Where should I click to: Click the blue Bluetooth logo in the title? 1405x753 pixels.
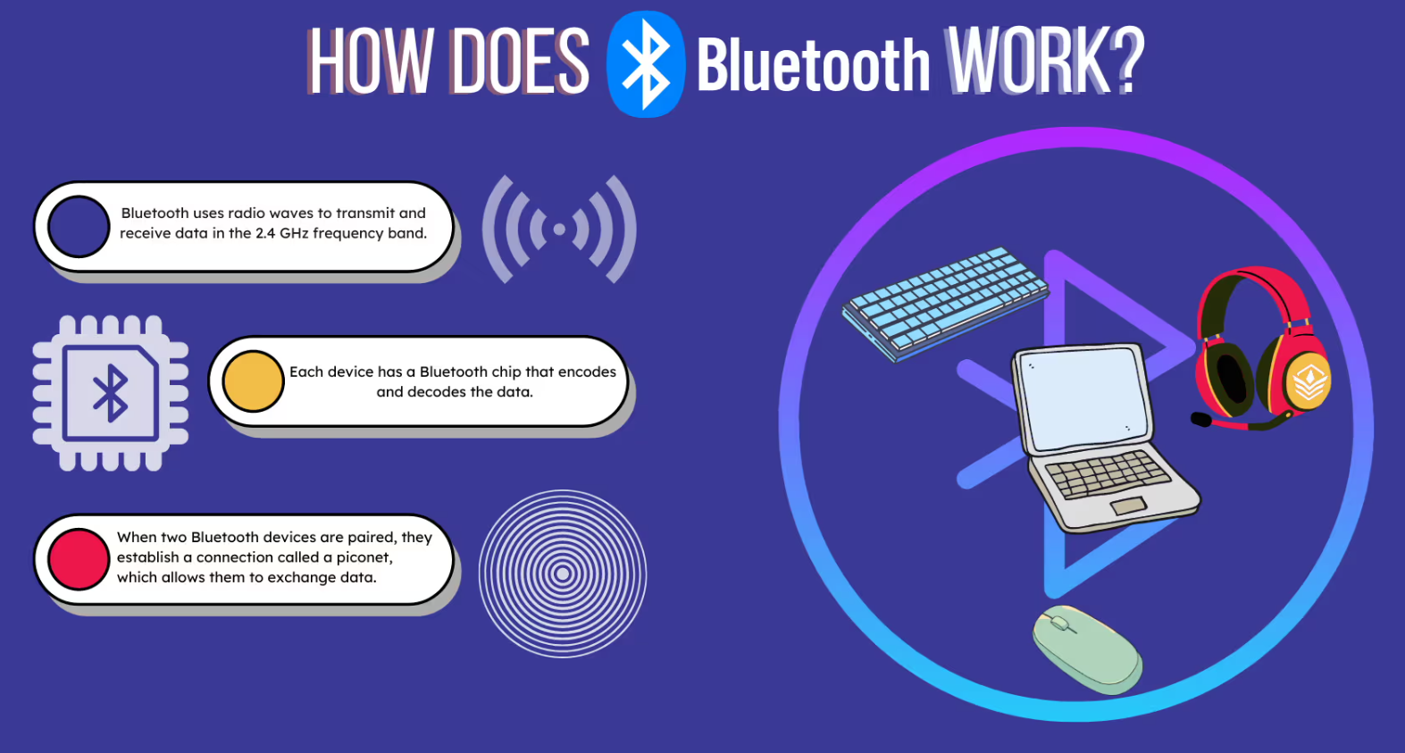[646, 64]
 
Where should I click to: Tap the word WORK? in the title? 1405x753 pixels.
[1045, 61]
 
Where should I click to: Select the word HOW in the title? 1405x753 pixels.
[371, 62]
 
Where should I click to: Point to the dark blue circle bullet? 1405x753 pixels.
[79, 227]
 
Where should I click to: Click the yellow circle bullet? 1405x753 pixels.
[254, 381]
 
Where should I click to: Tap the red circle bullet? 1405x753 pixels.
[79, 558]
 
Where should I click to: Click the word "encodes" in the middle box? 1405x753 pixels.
[587, 372]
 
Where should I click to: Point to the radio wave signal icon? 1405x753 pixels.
[559, 229]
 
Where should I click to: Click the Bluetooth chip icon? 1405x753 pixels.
[111, 393]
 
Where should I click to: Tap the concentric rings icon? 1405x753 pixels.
[563, 573]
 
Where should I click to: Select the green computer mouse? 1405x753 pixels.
[1087, 649]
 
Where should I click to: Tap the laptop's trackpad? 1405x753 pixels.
[1128, 506]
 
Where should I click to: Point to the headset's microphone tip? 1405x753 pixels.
[1201, 419]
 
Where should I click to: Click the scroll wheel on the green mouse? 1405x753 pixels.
[1059, 623]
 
